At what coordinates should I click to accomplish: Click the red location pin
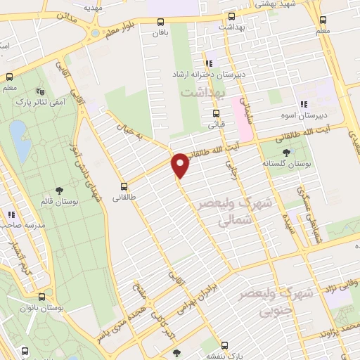tap(180, 165)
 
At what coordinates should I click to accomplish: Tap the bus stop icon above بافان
tap(161, 22)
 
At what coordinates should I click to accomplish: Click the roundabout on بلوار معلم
tap(94, 32)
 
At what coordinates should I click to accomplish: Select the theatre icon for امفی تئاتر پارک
tap(39, 91)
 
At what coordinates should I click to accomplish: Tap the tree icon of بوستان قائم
tap(60, 191)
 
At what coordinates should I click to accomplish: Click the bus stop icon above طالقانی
tap(124, 187)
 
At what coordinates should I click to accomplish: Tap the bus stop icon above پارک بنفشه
tap(224, 345)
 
